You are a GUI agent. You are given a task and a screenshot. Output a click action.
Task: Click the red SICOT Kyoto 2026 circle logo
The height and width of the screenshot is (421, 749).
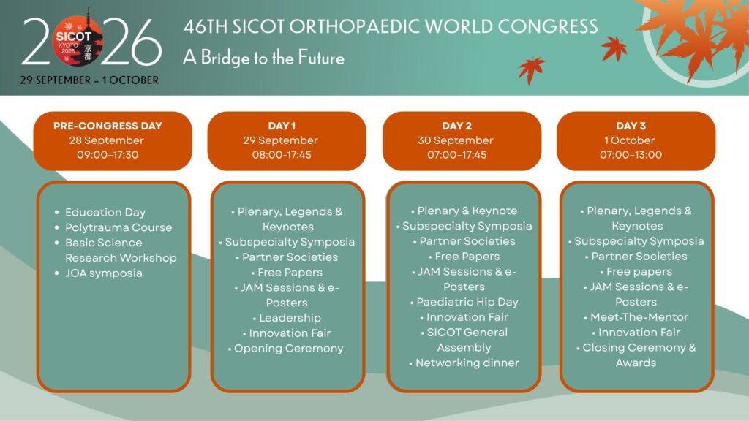pos(78,42)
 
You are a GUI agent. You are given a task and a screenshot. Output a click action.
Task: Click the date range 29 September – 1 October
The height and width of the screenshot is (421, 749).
pos(89,80)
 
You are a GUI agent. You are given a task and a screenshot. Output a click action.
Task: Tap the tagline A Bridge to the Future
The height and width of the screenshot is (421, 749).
pos(263,58)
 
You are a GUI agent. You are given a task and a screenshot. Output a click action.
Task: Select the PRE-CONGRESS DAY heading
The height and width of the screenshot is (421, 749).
pos(108,126)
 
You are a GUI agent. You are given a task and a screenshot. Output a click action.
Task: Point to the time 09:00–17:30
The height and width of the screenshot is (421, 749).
pos(108,155)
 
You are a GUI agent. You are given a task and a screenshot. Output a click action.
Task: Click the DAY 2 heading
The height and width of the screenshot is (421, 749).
pos(456,126)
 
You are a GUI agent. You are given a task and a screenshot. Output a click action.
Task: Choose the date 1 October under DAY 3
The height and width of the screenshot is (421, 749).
pos(630,140)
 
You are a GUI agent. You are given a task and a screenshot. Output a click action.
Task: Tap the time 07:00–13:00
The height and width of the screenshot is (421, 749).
pos(631,155)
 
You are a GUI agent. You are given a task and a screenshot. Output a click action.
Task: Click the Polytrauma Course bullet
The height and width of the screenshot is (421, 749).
pos(118,227)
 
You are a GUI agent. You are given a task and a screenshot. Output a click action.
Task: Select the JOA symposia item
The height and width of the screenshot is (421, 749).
pos(104,273)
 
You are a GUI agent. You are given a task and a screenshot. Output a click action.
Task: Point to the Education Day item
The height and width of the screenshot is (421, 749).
pos(105,212)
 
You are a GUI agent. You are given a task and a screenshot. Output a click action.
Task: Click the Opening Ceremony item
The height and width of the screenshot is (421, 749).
pos(288,349)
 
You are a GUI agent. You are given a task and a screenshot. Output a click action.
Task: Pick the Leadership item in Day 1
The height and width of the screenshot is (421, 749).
pos(290,318)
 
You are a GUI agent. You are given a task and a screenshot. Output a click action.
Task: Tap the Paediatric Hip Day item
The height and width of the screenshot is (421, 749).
pos(467,302)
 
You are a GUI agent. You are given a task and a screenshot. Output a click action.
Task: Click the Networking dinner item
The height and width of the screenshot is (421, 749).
pos(467,363)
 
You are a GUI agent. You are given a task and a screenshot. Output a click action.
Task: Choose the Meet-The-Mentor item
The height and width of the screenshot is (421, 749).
pos(639,317)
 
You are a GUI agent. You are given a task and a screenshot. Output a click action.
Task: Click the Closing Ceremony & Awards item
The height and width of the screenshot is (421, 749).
pos(639,355)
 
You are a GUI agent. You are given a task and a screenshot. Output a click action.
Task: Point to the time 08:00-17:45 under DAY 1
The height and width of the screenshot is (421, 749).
pos(282,155)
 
